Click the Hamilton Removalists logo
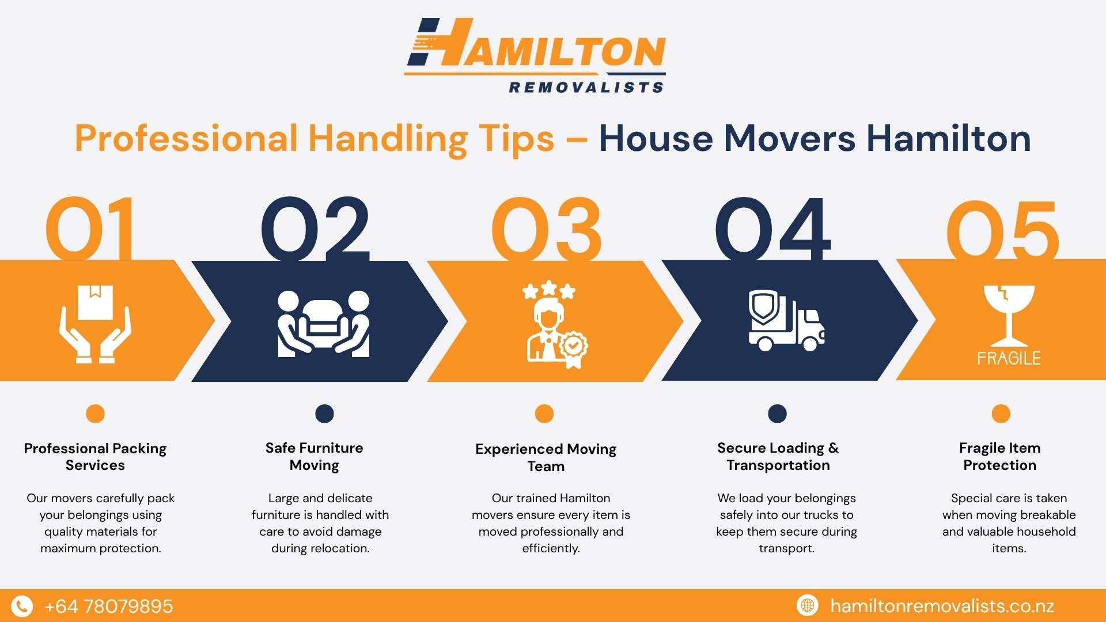(536, 55)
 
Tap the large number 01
(91, 229)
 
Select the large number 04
(772, 229)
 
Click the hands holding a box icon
(95, 324)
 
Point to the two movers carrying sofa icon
(324, 323)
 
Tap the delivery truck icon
(787, 321)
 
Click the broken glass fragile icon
(1009, 325)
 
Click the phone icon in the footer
(22, 606)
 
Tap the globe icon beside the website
(808, 605)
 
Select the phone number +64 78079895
(108, 606)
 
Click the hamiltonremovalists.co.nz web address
(942, 606)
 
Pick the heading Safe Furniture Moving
(315, 457)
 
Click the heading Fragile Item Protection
(1000, 457)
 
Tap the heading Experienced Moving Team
(546, 458)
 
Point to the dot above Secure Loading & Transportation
(777, 414)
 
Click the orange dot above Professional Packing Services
(95, 414)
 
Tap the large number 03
(546, 229)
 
